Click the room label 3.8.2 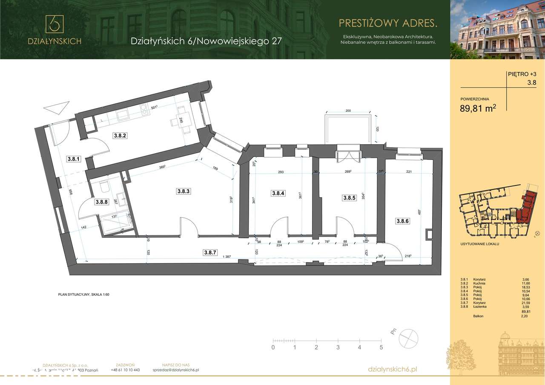click(120, 136)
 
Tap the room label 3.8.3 click(183, 191)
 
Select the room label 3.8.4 click(278, 193)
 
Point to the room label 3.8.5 click(349, 198)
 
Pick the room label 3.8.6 click(402, 221)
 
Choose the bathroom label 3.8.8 click(101, 202)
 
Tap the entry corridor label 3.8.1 click(74, 159)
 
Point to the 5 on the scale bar click(381, 347)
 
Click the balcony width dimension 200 click(348, 111)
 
